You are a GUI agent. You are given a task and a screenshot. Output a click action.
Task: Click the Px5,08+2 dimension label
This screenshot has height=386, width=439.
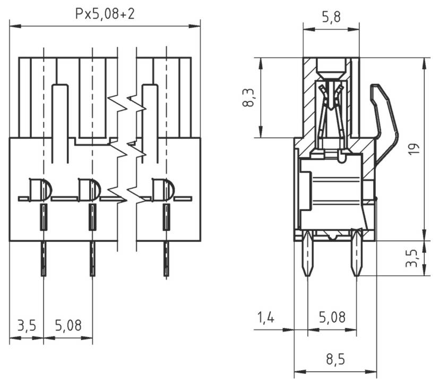pyautogui.click(x=105, y=14)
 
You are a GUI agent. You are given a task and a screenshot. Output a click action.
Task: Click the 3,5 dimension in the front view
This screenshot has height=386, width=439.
pyautogui.click(x=26, y=325)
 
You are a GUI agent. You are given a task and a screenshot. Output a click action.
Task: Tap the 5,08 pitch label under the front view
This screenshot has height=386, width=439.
pyautogui.click(x=68, y=325)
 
